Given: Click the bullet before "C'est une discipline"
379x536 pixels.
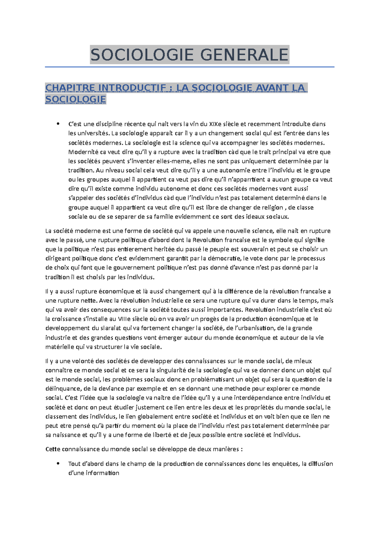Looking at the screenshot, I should (x=57, y=124).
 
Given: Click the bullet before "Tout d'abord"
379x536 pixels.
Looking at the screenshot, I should (x=57, y=463).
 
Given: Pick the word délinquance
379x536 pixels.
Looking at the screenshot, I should (x=63, y=389).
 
